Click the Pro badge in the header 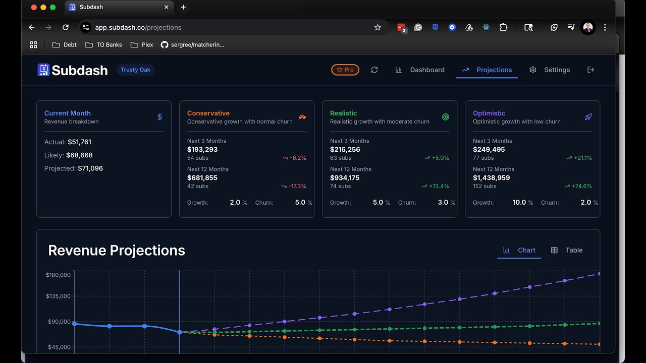[x=345, y=70]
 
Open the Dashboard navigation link [x=420, y=70]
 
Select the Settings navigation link [x=550, y=70]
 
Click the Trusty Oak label [x=135, y=70]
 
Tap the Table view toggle [x=567, y=250]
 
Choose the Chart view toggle [x=519, y=250]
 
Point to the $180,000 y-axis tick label [x=58, y=275]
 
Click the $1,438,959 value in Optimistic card [x=491, y=177]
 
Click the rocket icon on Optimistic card [x=588, y=117]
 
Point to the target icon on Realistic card [x=446, y=117]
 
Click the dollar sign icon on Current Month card [x=159, y=117]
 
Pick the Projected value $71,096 [x=90, y=168]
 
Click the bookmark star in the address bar [x=378, y=27]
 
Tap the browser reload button [x=65, y=27]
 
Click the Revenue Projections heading [x=117, y=250]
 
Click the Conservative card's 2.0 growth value [x=235, y=202]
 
